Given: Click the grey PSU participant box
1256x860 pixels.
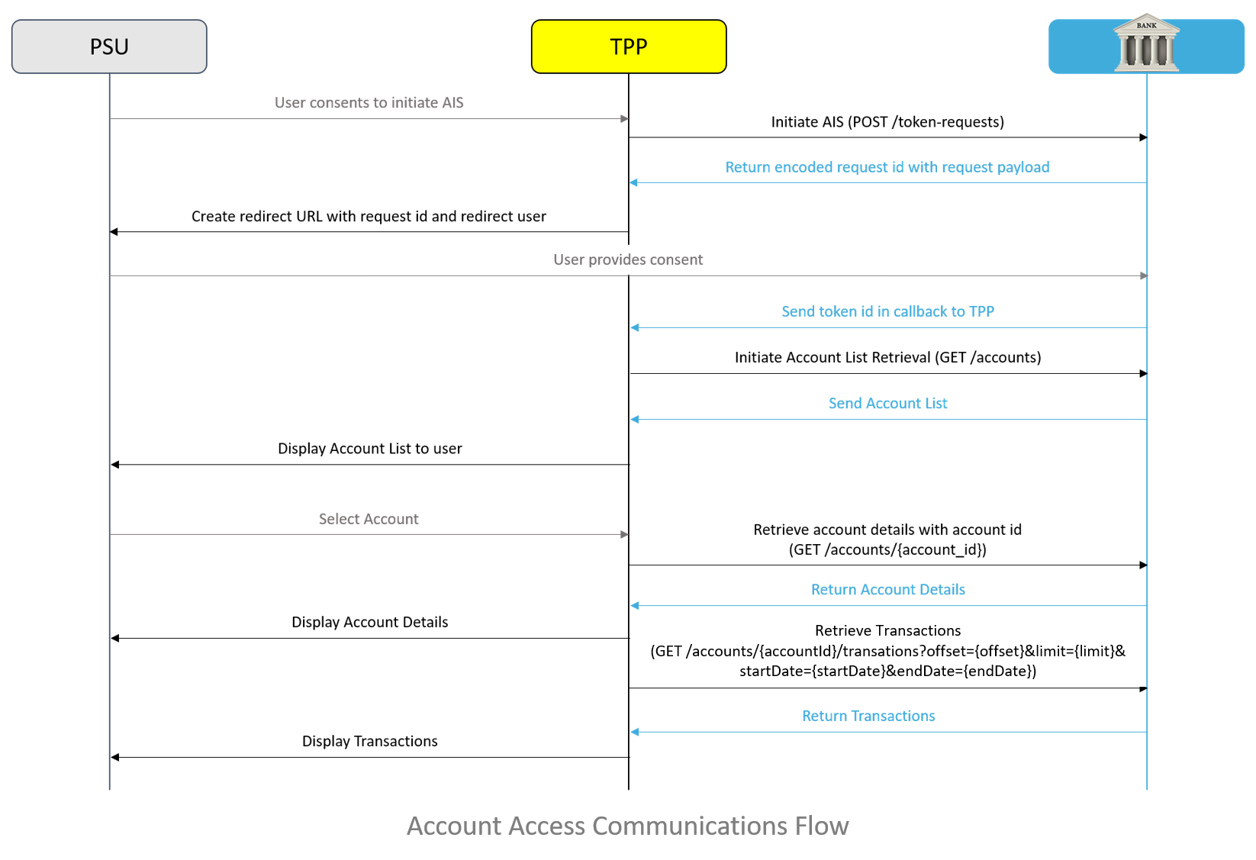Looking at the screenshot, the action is click(x=109, y=47).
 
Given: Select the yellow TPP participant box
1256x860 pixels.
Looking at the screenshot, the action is click(x=629, y=47).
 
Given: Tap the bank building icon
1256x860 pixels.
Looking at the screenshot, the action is click(x=1146, y=43).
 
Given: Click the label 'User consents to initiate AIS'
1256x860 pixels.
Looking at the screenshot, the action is click(x=369, y=102).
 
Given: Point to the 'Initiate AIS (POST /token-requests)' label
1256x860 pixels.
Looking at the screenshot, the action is click(x=887, y=121).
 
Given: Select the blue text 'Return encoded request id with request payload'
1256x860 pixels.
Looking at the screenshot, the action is click(x=887, y=167).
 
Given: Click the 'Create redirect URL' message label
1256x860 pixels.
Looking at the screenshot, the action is click(x=369, y=217).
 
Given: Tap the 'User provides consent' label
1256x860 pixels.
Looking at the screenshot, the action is click(x=628, y=259).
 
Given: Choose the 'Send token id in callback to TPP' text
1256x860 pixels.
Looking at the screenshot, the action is click(x=888, y=311).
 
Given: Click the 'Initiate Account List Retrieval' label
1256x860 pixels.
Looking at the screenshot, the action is click(x=888, y=358).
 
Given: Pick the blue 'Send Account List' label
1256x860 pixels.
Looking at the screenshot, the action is click(x=888, y=403).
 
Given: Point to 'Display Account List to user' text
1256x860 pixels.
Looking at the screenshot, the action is click(x=370, y=449).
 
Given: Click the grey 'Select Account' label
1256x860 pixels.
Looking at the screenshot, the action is click(x=369, y=519).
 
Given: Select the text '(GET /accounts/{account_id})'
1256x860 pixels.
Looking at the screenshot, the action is click(x=887, y=549).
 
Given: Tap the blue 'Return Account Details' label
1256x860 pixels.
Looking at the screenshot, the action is click(x=888, y=590).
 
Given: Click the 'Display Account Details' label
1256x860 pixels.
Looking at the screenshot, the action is click(x=370, y=622).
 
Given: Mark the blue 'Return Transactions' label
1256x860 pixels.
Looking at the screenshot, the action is click(x=868, y=716).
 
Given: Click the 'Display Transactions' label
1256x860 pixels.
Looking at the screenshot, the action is click(x=370, y=741).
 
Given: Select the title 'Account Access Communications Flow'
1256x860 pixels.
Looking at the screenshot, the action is click(x=628, y=826).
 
